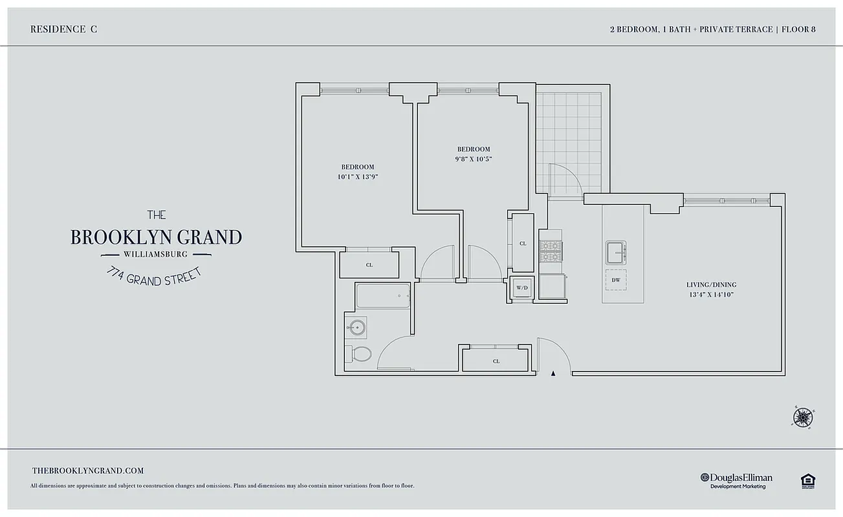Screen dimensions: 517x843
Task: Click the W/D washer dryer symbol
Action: tap(521, 288)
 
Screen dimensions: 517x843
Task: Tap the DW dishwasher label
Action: tap(615, 280)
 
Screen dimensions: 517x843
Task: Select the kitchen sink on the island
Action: tap(615, 252)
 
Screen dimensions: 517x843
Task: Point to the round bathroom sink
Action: tap(355, 327)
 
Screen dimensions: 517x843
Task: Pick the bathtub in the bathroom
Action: tap(382, 297)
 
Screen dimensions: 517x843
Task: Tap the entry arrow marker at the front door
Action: tap(553, 373)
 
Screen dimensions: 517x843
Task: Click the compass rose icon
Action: tap(802, 417)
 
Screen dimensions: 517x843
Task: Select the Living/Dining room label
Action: tap(711, 285)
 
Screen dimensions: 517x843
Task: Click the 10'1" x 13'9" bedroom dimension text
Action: tap(357, 176)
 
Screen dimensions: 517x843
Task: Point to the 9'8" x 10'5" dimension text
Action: tap(474, 158)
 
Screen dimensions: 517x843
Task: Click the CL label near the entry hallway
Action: tap(496, 361)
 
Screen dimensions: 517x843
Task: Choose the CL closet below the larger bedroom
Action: tap(369, 265)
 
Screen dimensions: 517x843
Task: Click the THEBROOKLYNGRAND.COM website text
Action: tap(87, 471)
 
